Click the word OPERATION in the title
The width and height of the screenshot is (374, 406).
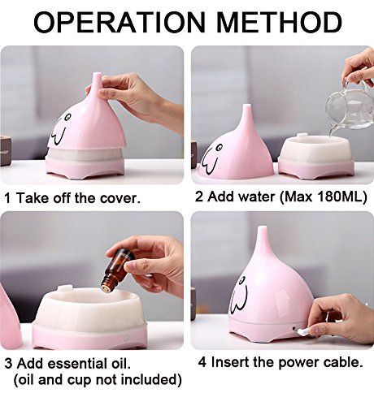coord(120,22)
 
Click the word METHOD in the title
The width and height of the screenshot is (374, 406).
coord(279,22)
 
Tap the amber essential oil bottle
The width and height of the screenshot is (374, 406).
coord(117,271)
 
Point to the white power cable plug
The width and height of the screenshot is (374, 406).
coord(302,330)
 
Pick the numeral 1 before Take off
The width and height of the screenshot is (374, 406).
coord(8,198)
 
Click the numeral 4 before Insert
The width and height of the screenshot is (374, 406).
coord(202,362)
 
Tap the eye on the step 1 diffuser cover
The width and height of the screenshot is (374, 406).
coord(67,117)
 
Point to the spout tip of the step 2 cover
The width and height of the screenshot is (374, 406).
coord(246,105)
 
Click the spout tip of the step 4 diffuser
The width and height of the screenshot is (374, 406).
coord(262,227)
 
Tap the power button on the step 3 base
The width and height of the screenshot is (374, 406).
coord(125,338)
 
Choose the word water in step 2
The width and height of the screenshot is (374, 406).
coord(256,197)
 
